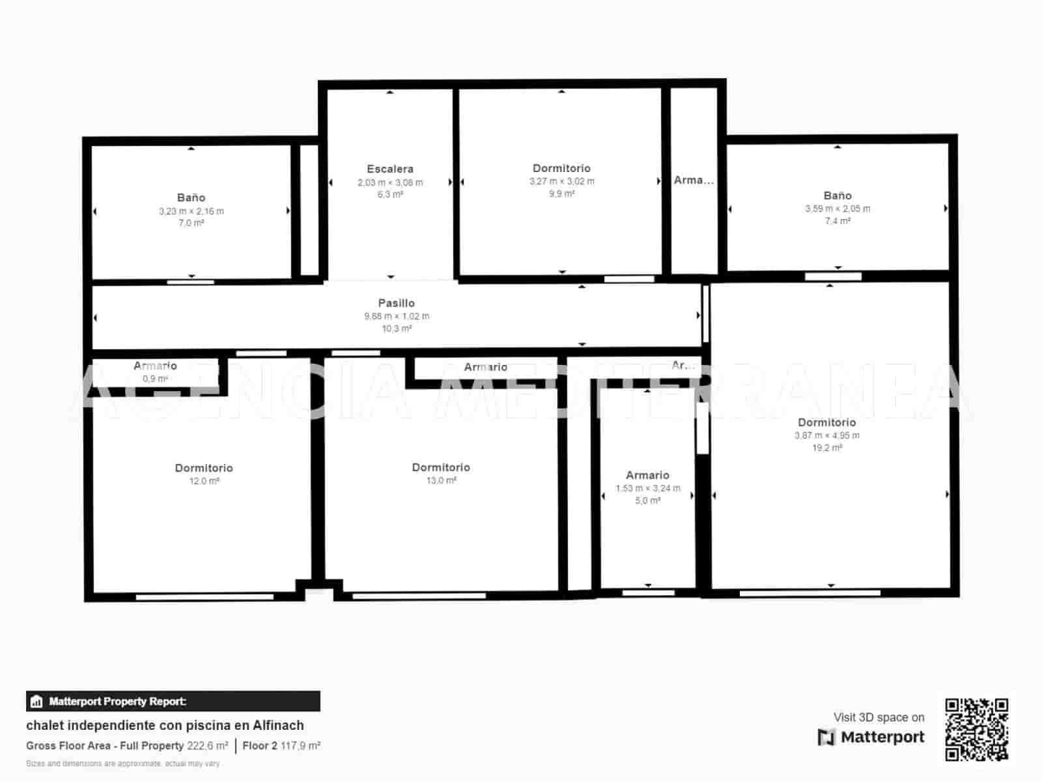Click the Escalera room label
(x=389, y=169)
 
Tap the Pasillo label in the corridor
(x=396, y=303)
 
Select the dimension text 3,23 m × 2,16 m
(x=191, y=211)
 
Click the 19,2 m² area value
(x=827, y=448)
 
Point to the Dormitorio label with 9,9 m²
(x=561, y=168)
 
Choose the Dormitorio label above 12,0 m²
(x=204, y=468)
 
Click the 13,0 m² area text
(x=441, y=480)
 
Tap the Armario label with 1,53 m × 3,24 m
(x=647, y=475)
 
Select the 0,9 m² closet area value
(x=155, y=379)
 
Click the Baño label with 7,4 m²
(x=838, y=195)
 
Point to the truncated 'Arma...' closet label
(x=694, y=180)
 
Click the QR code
(x=976, y=729)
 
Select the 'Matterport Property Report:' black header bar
(x=173, y=701)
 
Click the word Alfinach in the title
(x=278, y=725)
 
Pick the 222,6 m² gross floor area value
(x=208, y=746)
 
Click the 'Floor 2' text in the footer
(x=260, y=746)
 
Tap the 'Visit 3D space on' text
(x=879, y=717)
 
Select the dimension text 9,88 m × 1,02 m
(x=396, y=316)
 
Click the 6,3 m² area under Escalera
(x=389, y=194)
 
